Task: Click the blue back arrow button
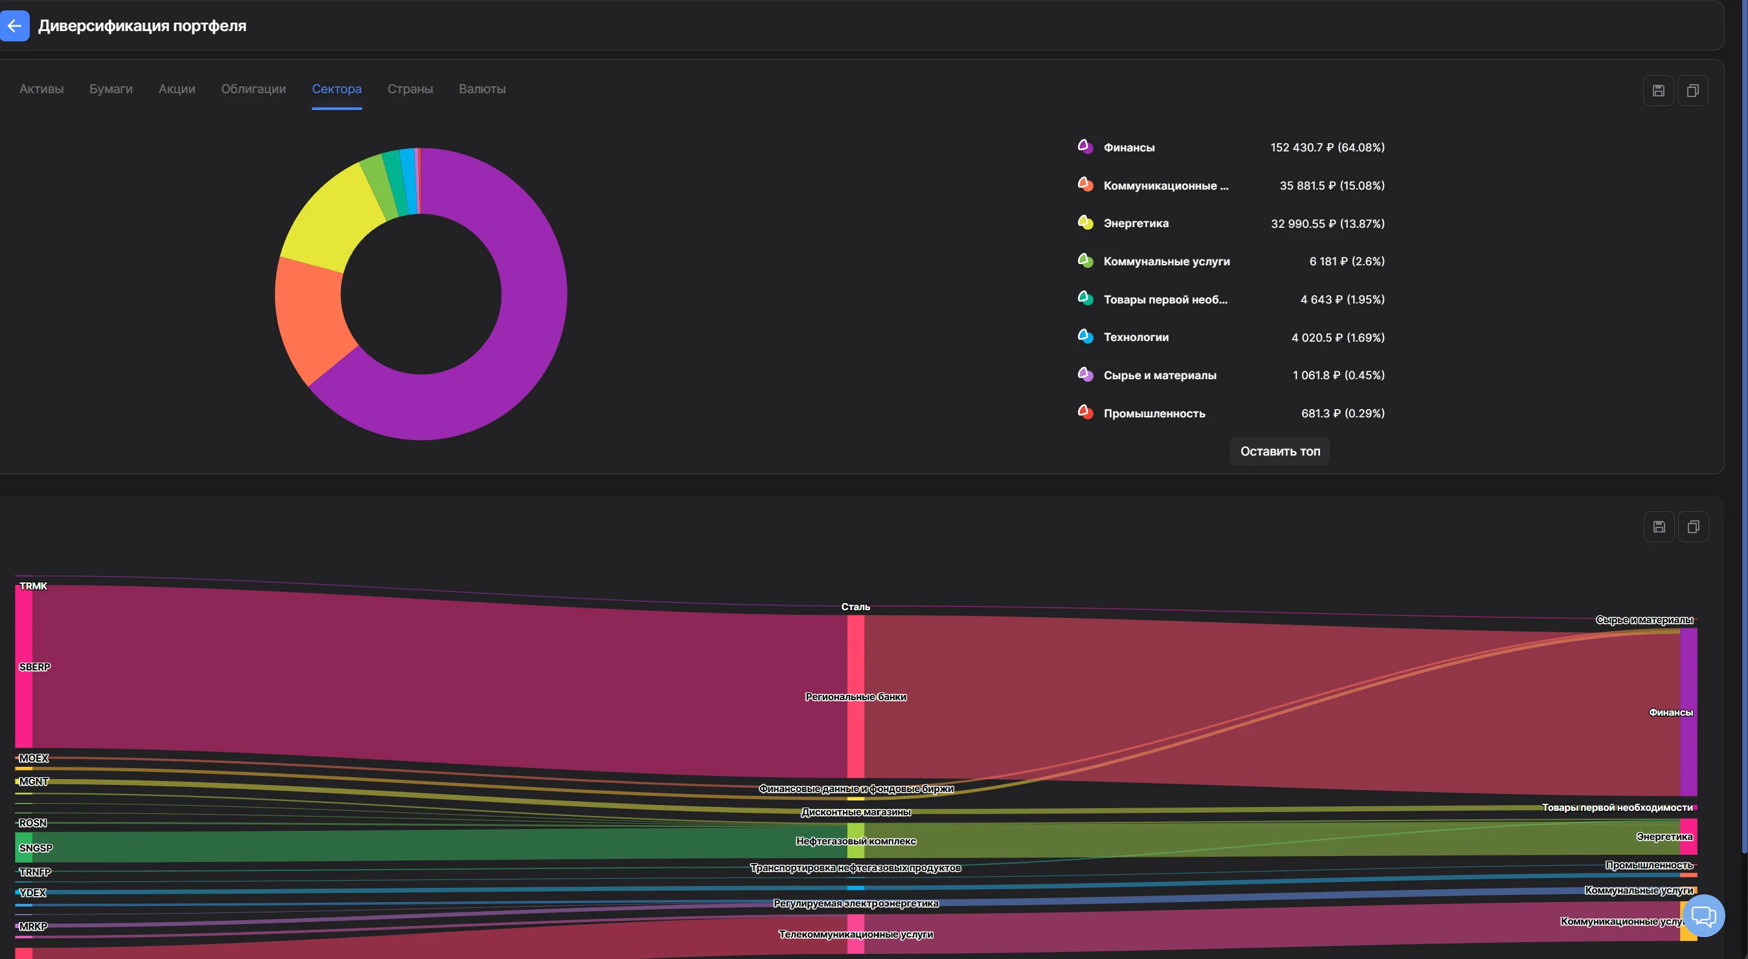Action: [14, 26]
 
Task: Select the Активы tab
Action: [41, 89]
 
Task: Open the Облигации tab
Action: [253, 89]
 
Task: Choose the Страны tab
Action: [410, 89]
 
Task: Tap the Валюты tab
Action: [482, 89]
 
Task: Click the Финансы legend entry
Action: [1128, 147]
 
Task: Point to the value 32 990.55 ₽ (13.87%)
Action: [1327, 223]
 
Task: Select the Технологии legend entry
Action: [1136, 337]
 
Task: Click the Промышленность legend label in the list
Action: [1154, 413]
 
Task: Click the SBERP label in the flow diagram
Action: [34, 667]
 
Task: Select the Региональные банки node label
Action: [856, 696]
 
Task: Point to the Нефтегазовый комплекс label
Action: [856, 841]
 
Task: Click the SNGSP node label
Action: [36, 848]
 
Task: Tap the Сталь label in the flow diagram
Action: [856, 606]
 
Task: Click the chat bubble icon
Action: [1703, 916]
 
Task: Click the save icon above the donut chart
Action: [1659, 91]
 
